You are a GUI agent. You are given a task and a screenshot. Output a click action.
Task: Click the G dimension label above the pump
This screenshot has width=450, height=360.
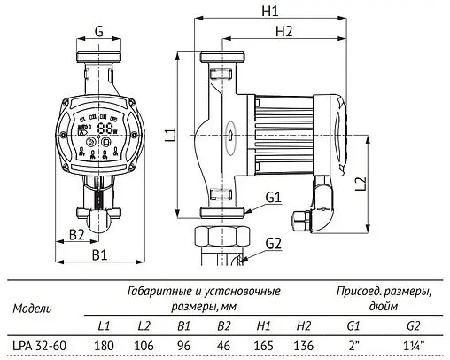[x=99, y=32]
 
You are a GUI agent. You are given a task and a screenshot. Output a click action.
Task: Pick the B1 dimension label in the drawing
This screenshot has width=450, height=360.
[x=99, y=254]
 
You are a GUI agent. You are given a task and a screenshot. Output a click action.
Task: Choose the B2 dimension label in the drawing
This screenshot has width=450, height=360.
[x=76, y=234]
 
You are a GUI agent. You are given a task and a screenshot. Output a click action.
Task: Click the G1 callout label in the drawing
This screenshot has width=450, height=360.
[x=273, y=196]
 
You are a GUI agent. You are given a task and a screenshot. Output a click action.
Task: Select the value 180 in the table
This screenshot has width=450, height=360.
[x=105, y=345]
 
